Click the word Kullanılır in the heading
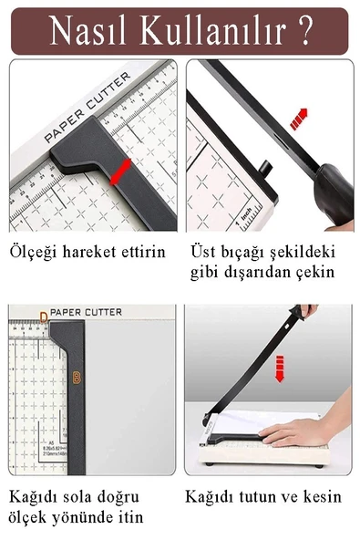coord(211,30)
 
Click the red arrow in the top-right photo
coord(297,119)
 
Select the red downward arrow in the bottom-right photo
coord(281,369)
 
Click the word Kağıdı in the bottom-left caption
coord(34,497)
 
